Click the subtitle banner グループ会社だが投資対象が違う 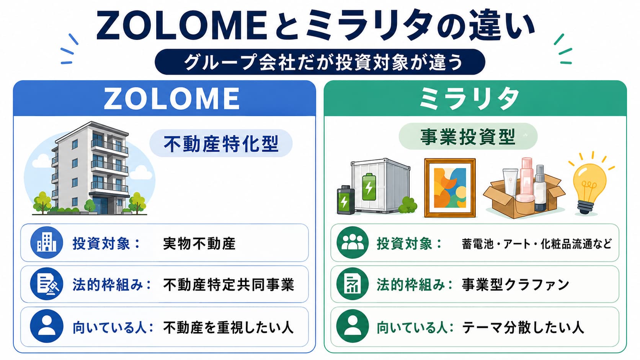tap(320, 62)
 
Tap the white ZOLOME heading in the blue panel tap(172, 98)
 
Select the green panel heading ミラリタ tap(469, 98)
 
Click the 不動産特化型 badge tap(221, 143)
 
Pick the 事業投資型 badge tap(468, 137)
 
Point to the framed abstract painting tap(450, 188)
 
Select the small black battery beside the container tap(346, 200)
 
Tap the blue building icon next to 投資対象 tap(47, 243)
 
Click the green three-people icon tap(353, 243)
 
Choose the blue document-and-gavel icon tap(47, 284)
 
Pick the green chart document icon tap(353, 284)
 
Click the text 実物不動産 tap(199, 244)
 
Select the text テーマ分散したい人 tap(523, 327)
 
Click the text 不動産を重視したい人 tap(228, 327)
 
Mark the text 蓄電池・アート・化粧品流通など tap(537, 244)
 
